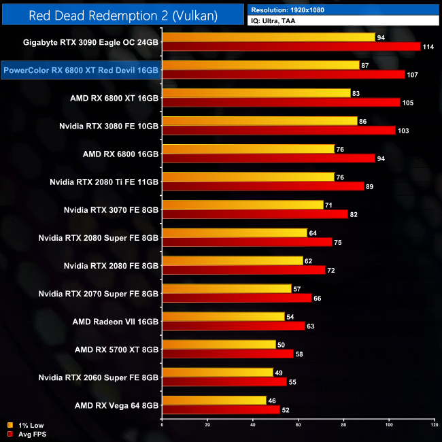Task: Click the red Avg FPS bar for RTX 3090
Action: point(291,46)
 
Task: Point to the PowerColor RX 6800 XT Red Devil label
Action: point(81,69)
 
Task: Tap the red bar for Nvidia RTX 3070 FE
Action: point(255,214)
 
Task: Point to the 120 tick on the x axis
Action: point(434,425)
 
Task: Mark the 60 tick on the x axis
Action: point(299,425)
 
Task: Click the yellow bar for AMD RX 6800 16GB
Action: point(248,149)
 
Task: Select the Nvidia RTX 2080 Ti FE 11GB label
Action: point(105,182)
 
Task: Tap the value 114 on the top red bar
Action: point(428,46)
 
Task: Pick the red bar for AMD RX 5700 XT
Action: point(228,354)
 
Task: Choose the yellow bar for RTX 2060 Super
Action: point(217,373)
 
